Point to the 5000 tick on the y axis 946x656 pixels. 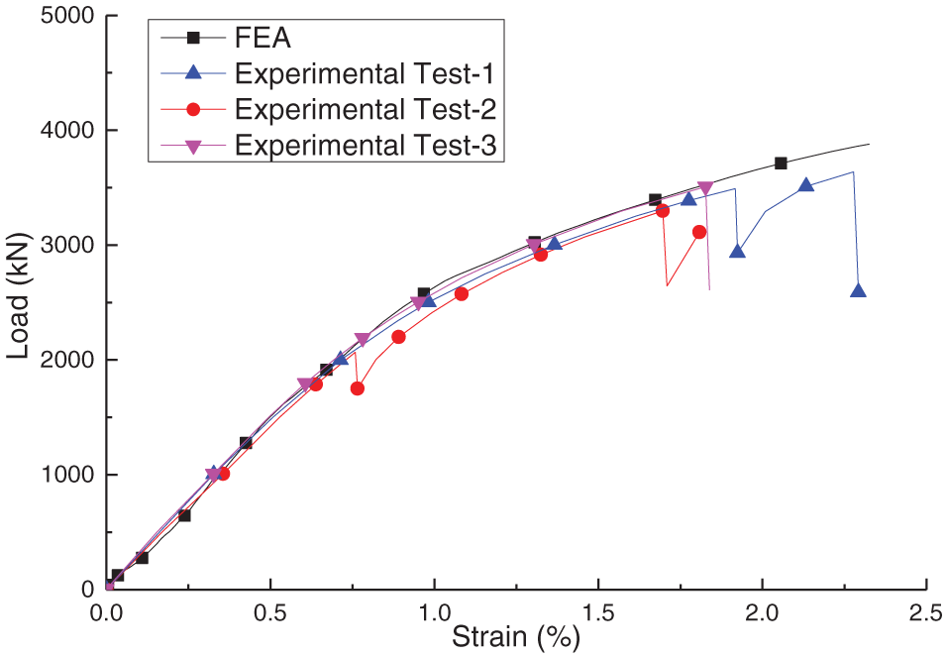point(63,17)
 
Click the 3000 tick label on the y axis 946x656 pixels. point(63,246)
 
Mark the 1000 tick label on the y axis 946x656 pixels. point(63,476)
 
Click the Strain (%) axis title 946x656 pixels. point(515,638)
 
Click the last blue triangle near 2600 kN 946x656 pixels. point(858,290)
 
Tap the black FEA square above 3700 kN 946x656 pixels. point(781,164)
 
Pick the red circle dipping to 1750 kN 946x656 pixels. point(357,388)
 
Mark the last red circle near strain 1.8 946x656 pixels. point(699,232)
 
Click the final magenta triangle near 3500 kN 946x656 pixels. point(705,188)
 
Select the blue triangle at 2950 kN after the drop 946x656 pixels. point(737,251)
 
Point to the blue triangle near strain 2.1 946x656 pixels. point(806,185)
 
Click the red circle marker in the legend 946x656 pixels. point(193,108)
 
